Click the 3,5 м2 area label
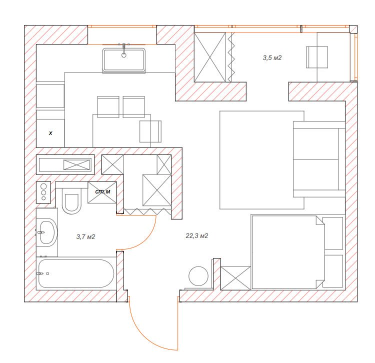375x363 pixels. coord(272,57)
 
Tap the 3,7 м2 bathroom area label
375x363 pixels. coord(85,236)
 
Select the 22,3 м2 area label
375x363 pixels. coord(197,236)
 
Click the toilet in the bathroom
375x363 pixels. coord(71,201)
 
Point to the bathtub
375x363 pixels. coord(76,273)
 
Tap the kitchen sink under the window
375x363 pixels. coord(124,60)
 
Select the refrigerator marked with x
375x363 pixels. coord(50,133)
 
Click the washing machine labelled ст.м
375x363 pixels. coord(102,192)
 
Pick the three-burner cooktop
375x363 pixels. coord(43,192)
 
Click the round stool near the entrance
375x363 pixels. coord(198,276)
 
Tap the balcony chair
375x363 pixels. coord(317,57)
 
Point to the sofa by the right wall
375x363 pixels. coord(319,159)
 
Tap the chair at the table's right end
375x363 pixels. coord(150,131)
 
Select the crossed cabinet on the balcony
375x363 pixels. coord(209,57)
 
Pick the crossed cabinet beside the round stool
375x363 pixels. coord(235,278)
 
